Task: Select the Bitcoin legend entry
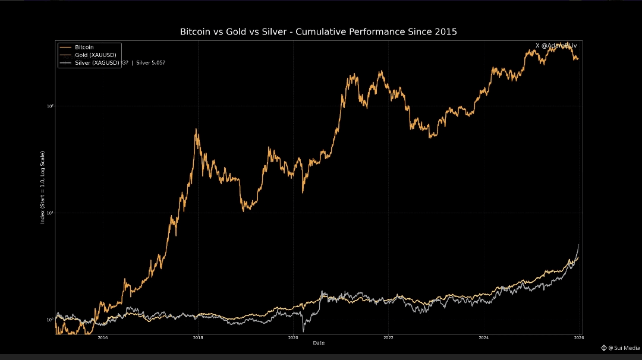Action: click(x=84, y=47)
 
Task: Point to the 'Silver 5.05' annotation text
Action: click(x=151, y=62)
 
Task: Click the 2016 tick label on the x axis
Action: click(x=103, y=338)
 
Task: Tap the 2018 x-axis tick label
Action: click(x=198, y=338)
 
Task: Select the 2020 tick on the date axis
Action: click(x=293, y=338)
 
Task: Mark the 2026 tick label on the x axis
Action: click(x=578, y=338)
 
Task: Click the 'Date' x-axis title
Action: click(x=319, y=343)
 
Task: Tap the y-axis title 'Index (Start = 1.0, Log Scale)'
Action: click(x=43, y=187)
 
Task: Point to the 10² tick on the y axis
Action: click(x=51, y=106)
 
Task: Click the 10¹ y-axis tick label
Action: click(x=51, y=213)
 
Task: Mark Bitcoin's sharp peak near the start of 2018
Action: click(x=197, y=130)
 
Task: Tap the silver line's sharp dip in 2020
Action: click(x=303, y=330)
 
